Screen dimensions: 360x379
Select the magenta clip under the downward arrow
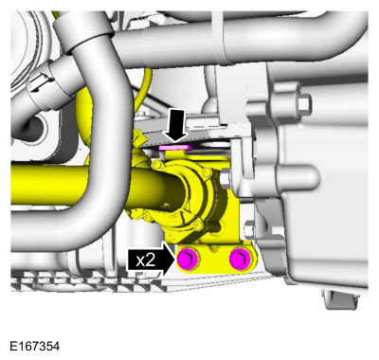[x=177, y=148]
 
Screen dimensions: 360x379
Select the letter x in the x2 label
[x=141, y=259]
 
